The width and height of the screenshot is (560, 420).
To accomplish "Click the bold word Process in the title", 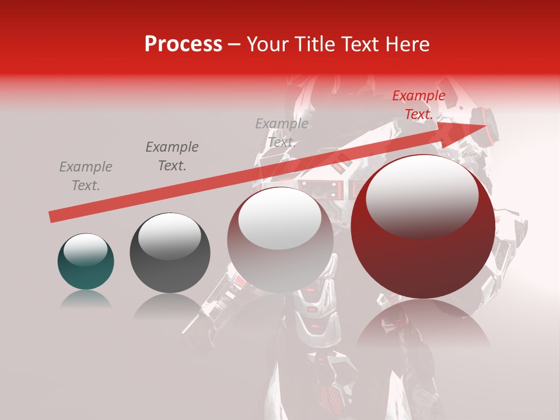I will (183, 44).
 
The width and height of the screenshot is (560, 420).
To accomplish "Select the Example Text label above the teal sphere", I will (86, 176).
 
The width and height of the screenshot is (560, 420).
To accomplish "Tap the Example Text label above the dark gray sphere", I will (172, 156).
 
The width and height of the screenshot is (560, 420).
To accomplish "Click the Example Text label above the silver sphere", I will (282, 133).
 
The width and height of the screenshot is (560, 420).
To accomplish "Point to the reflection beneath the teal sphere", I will (85, 299).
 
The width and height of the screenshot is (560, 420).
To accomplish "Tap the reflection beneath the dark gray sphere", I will (169, 306).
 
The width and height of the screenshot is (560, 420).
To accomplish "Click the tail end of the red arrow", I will (54, 216).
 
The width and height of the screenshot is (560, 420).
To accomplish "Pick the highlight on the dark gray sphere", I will (169, 235).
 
